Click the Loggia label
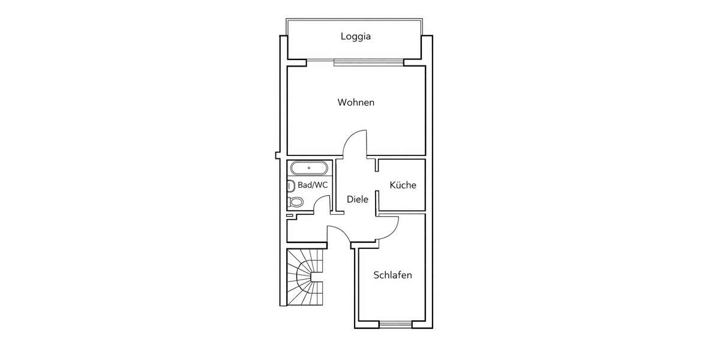(x=356, y=36)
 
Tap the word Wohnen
(x=356, y=103)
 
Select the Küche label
(x=403, y=185)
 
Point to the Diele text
(x=358, y=199)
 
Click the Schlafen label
(x=392, y=275)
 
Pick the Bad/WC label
(x=313, y=185)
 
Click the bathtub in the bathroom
(x=308, y=167)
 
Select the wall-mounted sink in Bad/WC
(x=290, y=185)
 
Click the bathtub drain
(x=308, y=167)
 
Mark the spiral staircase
(x=305, y=277)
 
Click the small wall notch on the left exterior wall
(x=278, y=155)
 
